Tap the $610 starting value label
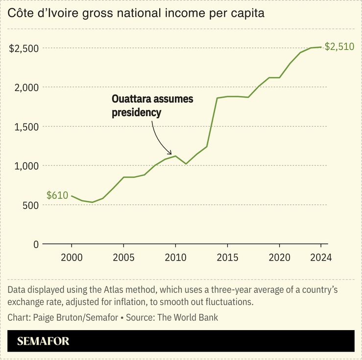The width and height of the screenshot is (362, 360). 57,195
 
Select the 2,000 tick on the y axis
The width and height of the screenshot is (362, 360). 27,87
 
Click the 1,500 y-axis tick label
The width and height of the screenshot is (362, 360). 27,126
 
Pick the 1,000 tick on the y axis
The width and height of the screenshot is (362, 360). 27,166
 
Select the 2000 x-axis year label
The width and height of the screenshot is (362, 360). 72,258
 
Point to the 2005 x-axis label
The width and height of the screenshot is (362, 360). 123,258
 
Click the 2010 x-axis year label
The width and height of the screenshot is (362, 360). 175,258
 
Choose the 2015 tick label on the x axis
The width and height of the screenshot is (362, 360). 227,258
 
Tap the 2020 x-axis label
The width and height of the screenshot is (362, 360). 279,258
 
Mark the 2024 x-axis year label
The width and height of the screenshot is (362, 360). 320,258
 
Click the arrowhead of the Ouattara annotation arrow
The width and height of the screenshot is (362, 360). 170,153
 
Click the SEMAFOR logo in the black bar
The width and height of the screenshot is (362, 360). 43,341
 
